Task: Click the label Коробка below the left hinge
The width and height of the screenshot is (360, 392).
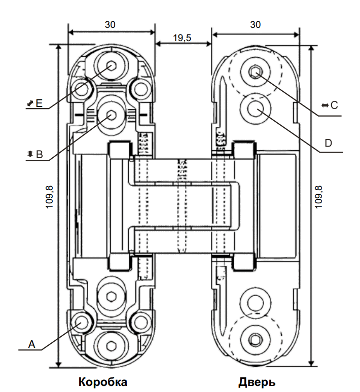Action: pyautogui.click(x=102, y=381)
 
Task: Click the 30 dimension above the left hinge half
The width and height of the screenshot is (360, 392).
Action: pyautogui.click(x=111, y=24)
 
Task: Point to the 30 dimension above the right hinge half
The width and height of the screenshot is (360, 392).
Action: pyautogui.click(x=255, y=24)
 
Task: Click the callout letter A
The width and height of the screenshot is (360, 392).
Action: pyautogui.click(x=31, y=344)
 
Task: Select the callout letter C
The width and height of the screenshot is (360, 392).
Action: pyautogui.click(x=334, y=105)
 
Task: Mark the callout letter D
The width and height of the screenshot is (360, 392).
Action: pyautogui.click(x=328, y=143)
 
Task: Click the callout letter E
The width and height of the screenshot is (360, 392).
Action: pyautogui.click(x=39, y=104)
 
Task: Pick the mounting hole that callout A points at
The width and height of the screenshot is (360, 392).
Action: pyautogui.click(x=81, y=323)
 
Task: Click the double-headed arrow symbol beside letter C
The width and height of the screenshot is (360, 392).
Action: pyautogui.click(x=325, y=105)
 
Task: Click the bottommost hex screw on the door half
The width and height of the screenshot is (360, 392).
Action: pyautogui.click(x=255, y=339)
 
